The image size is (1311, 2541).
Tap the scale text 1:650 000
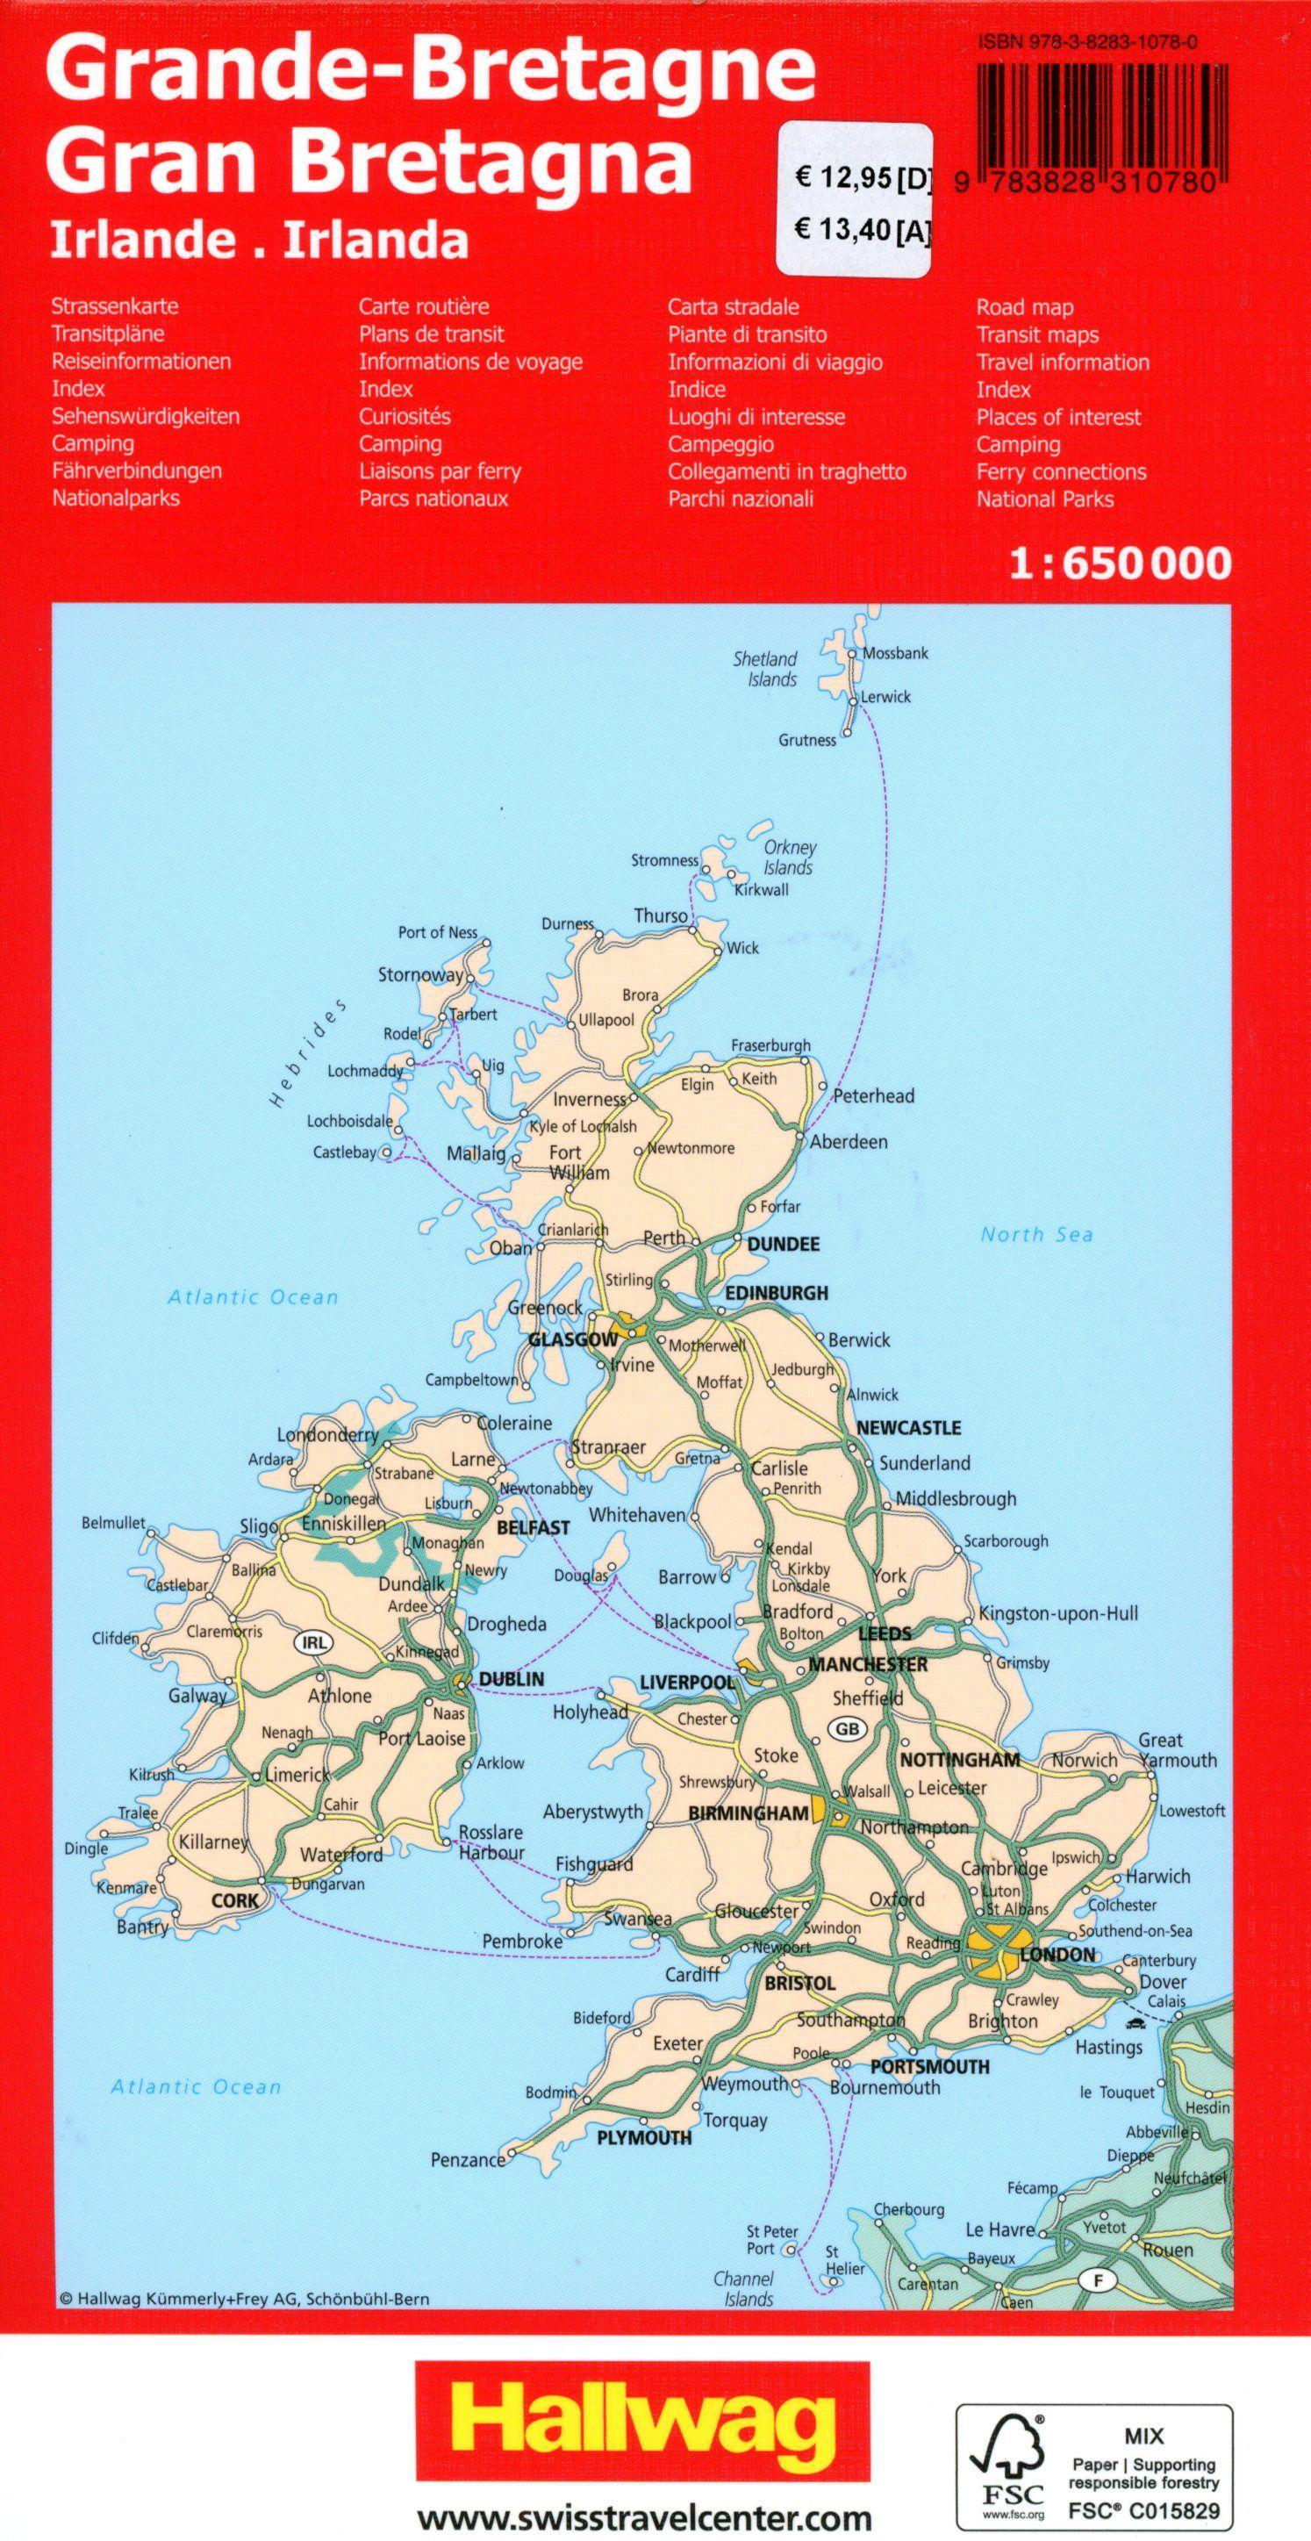(x=1121, y=563)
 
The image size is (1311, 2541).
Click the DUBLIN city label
(x=510, y=1678)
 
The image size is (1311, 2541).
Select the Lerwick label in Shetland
(x=885, y=696)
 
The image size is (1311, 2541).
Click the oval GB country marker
(x=848, y=1728)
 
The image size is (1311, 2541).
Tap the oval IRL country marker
(x=313, y=1642)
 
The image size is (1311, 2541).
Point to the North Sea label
(x=1036, y=1234)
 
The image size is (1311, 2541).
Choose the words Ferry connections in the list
(x=1062, y=471)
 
